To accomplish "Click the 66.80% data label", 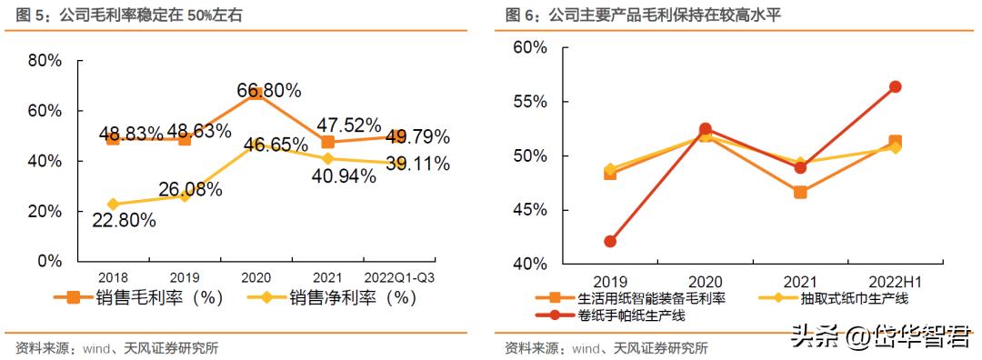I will point(269,90).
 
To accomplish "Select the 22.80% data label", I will point(123,220).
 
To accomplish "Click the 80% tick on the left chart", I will point(45,61).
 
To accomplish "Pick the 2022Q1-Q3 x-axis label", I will point(398,276).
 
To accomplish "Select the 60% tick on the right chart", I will point(531,47).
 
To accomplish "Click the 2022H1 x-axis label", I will point(895,282).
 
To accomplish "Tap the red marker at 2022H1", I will point(895,86).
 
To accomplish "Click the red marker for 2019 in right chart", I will point(610,242).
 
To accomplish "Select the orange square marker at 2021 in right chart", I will point(800,192).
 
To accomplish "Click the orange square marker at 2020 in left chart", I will point(256,94).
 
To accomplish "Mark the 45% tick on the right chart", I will point(531,210).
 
